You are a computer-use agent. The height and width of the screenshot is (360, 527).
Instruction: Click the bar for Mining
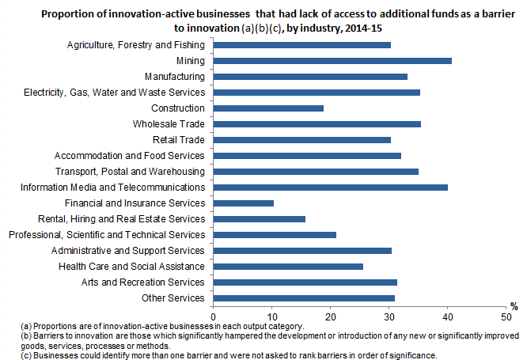(332, 61)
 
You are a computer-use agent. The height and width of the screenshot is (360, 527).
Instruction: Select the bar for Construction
(268, 108)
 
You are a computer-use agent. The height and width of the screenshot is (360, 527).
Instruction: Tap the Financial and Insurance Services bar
(244, 203)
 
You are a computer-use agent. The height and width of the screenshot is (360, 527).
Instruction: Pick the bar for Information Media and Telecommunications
(331, 188)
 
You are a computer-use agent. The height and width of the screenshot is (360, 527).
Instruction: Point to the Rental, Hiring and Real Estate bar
(260, 219)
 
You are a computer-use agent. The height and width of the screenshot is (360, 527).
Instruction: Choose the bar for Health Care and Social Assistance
(288, 267)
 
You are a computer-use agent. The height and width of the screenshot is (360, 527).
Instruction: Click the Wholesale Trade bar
(317, 124)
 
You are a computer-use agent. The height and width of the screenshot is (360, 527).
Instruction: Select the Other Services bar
(304, 298)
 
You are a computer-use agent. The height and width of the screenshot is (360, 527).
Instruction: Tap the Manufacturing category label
(175, 77)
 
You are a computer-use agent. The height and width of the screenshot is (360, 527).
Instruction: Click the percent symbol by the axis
(514, 306)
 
